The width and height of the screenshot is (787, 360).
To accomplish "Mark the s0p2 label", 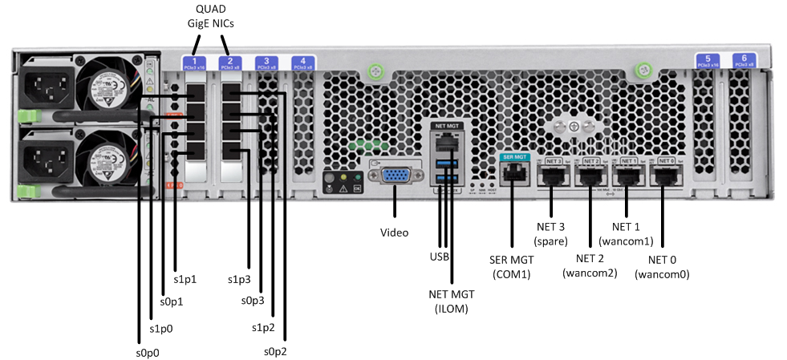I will click(x=277, y=351).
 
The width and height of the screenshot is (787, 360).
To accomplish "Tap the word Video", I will click(x=394, y=233).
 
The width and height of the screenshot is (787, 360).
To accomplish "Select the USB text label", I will click(x=440, y=257).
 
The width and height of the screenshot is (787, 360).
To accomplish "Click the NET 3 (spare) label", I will click(x=550, y=233).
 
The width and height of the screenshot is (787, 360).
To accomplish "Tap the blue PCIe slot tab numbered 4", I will click(x=302, y=63).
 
